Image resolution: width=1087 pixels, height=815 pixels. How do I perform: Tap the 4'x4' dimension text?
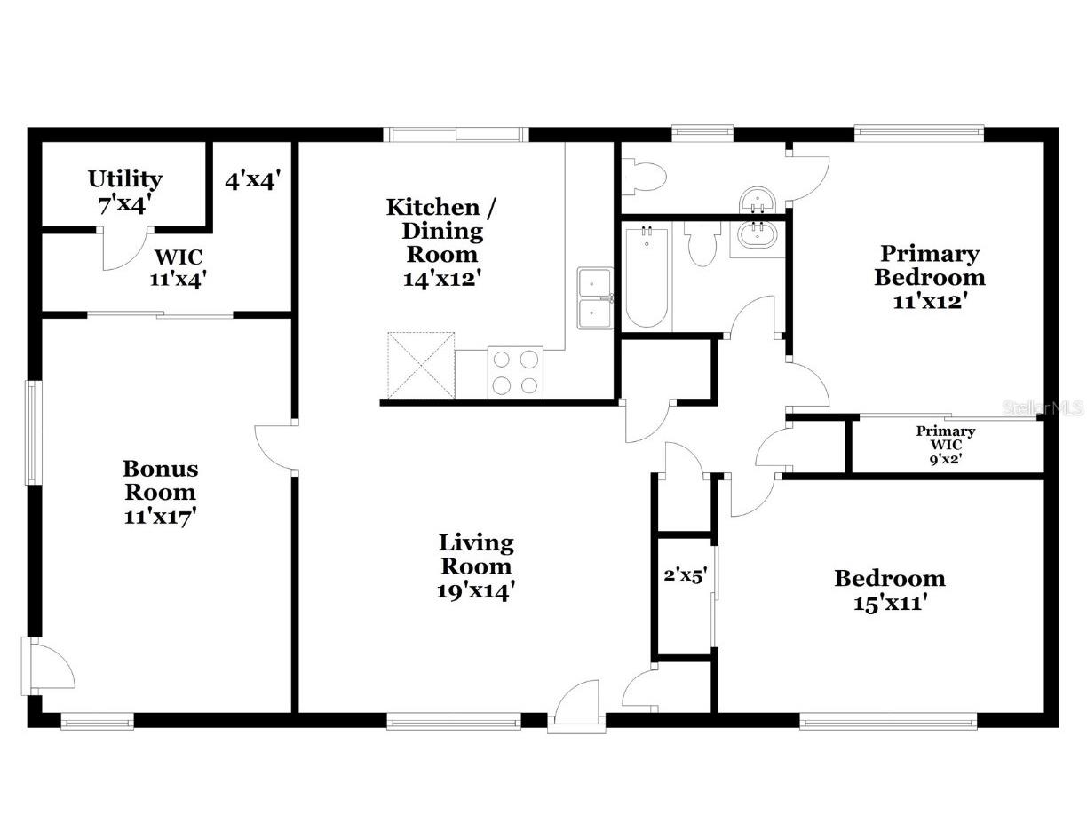tap(253, 180)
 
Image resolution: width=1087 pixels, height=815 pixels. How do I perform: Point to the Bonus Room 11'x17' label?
tap(160, 492)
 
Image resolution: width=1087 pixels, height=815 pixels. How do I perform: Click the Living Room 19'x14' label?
tap(476, 566)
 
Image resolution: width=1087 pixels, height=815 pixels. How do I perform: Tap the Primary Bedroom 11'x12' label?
tap(929, 277)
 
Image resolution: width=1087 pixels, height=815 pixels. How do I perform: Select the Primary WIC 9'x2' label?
tap(946, 445)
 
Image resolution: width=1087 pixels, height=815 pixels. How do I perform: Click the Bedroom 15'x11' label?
tap(889, 590)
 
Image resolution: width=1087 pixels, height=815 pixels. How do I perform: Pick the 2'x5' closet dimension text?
tap(685, 574)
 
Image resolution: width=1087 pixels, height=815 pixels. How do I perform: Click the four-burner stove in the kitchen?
tap(516, 372)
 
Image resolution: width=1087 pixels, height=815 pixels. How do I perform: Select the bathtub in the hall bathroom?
tap(646, 277)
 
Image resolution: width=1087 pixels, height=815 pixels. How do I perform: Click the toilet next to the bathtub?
tap(703, 244)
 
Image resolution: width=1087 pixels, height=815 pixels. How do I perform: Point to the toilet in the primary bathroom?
tap(643, 175)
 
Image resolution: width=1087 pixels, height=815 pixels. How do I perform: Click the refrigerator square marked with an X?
tap(421, 366)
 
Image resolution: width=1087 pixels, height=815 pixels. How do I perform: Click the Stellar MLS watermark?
tap(1043, 408)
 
